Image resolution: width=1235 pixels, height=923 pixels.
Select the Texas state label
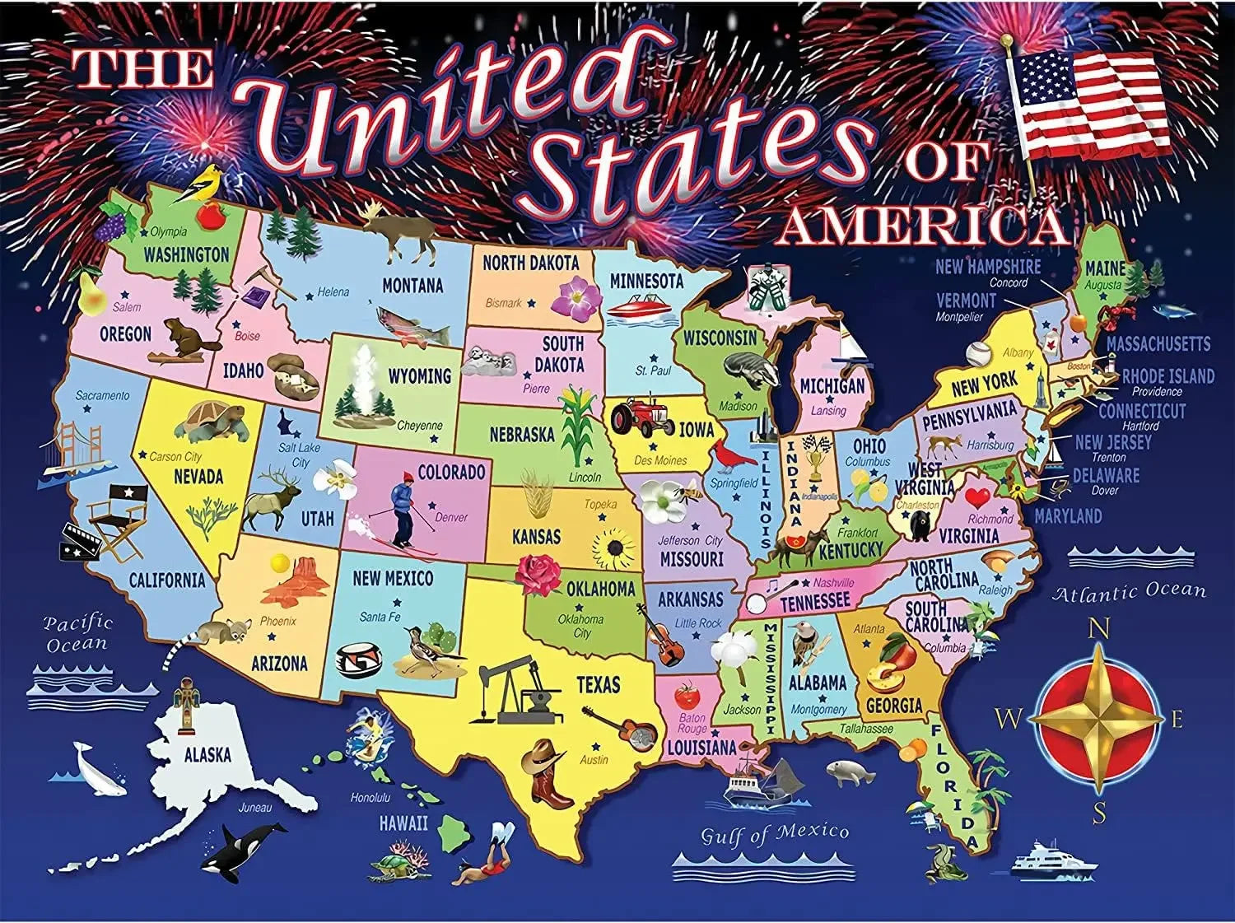[x=599, y=684]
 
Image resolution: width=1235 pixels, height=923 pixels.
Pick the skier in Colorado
[x=403, y=510]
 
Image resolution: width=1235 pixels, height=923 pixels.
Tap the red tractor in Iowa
[x=640, y=417]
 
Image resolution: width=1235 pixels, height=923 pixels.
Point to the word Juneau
[x=255, y=807]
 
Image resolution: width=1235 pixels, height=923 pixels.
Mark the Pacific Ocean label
[x=77, y=633]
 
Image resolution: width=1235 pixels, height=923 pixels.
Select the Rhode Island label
[x=1168, y=376]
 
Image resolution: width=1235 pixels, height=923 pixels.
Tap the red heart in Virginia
[x=978, y=497]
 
